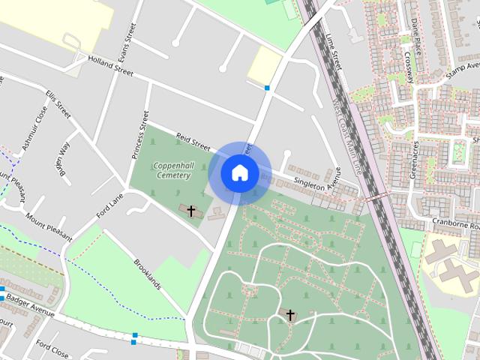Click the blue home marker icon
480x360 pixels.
239,173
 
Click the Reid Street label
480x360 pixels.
193,139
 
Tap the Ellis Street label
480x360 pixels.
58,105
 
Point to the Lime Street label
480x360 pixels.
334,51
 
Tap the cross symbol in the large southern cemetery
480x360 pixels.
290,316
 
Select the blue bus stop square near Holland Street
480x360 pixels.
267,88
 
